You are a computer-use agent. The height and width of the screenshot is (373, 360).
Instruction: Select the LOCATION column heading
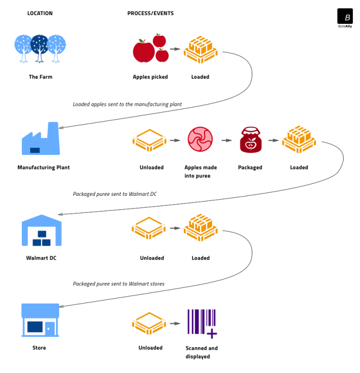coord(40,13)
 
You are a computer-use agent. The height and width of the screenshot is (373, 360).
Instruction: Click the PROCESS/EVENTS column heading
coord(150,13)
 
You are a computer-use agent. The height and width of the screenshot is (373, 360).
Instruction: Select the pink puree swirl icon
coord(200,140)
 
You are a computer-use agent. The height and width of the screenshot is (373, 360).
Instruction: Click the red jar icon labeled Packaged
coord(250,140)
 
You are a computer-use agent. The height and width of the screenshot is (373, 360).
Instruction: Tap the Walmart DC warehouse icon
coord(41,231)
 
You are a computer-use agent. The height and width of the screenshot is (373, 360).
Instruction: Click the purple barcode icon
coord(201,323)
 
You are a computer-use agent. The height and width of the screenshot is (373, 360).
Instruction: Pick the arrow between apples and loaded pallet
coord(175,49)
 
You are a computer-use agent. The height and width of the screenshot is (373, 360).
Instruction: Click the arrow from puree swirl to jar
coord(226,140)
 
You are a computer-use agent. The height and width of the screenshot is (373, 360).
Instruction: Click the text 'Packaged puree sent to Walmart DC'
coord(114,194)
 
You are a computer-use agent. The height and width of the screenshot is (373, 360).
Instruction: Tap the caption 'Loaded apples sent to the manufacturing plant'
coord(127,104)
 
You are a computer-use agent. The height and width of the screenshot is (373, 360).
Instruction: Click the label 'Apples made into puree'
coord(200,171)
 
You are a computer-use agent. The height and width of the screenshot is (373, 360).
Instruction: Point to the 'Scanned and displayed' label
coord(201,352)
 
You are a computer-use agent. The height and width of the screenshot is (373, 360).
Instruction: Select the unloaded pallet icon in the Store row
coord(149,323)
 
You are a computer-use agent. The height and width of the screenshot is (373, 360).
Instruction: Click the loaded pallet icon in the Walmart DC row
coord(200,228)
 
